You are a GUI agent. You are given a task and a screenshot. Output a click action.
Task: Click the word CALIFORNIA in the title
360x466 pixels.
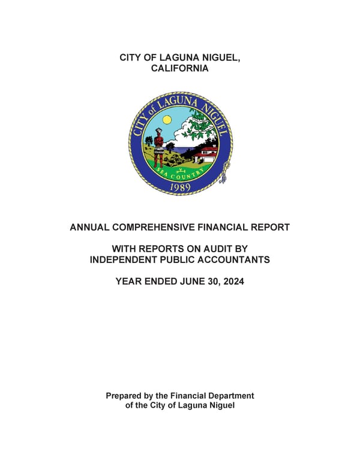180,68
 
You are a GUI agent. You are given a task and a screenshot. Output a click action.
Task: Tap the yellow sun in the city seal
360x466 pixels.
166,120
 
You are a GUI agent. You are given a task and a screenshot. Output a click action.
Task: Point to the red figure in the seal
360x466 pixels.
158,145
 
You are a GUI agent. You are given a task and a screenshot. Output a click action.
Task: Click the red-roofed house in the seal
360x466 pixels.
206,154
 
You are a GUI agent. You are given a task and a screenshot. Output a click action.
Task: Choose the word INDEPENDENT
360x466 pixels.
126,259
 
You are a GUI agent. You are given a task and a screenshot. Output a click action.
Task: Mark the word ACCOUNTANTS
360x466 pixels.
233,259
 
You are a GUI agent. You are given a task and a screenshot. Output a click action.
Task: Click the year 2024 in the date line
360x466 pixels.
232,280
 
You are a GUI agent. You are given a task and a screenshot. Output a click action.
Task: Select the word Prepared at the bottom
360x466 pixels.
124,396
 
